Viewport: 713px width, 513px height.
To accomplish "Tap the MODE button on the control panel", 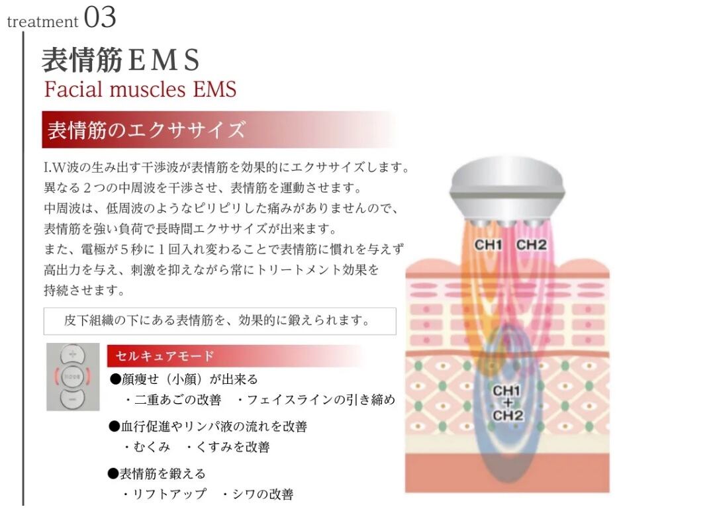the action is pyautogui.click(x=72, y=377).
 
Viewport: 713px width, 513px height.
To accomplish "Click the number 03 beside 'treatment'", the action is pyautogui.click(x=99, y=17).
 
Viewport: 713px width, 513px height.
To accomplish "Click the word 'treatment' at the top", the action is pyautogui.click(x=42, y=21).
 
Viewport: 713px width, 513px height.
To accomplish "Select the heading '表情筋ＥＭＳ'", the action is pyautogui.click(x=120, y=60).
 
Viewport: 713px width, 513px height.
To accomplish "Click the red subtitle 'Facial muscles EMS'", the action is pyautogui.click(x=140, y=89).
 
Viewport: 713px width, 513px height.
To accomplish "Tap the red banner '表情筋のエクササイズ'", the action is pyautogui.click(x=146, y=130).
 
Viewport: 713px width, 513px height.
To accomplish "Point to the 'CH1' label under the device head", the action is pyautogui.click(x=489, y=245).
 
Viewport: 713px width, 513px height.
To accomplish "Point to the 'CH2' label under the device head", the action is pyautogui.click(x=531, y=245).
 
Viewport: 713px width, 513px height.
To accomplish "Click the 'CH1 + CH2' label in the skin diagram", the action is pyautogui.click(x=508, y=402).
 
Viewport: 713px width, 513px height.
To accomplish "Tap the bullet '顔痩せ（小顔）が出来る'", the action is pyautogui.click(x=183, y=379).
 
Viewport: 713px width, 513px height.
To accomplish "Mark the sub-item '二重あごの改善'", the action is pyautogui.click(x=174, y=400).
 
